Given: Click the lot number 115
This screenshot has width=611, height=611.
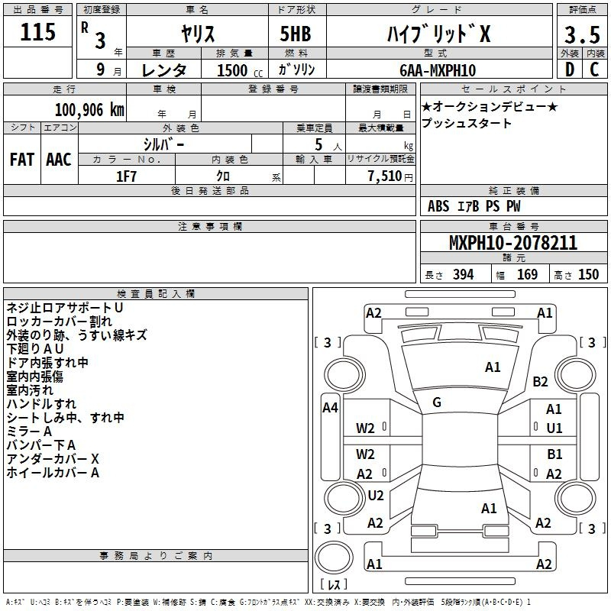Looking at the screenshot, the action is pyautogui.click(x=37, y=32).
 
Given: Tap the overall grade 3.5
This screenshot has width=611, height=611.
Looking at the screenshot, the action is pyautogui.click(x=582, y=35).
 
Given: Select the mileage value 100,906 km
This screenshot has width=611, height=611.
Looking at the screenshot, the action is pyautogui.click(x=89, y=110).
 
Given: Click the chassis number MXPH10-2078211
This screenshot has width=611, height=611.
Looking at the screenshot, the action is pyautogui.click(x=513, y=243).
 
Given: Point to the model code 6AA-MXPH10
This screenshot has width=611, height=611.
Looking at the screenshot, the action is pyautogui.click(x=438, y=70).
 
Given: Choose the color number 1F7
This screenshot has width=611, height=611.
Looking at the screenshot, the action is pyautogui.click(x=126, y=176).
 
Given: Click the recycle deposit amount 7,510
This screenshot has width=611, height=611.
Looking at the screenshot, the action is pyautogui.click(x=385, y=176).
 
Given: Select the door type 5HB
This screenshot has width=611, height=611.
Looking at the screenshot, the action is pyautogui.click(x=296, y=34).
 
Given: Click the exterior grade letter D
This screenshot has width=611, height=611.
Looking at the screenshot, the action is pyautogui.click(x=570, y=70).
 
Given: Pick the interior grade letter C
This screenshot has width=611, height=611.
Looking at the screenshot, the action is pyautogui.click(x=594, y=70).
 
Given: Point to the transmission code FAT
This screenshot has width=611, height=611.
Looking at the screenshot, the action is pyautogui.click(x=22, y=160).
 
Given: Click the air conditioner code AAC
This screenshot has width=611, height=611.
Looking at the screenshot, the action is pyautogui.click(x=59, y=160).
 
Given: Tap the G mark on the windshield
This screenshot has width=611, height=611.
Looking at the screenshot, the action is pyautogui.click(x=437, y=402).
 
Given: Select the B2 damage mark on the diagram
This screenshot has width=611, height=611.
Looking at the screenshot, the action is pyautogui.click(x=540, y=381).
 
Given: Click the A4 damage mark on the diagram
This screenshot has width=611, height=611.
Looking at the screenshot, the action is pyautogui.click(x=330, y=408).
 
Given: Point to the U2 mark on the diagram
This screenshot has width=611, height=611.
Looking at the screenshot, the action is pyautogui.click(x=376, y=495).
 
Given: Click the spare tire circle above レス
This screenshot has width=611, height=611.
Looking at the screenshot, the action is pyautogui.click(x=334, y=558).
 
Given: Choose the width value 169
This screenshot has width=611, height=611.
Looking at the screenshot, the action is pyautogui.click(x=527, y=274).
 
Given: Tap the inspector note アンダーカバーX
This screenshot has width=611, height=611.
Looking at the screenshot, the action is pyautogui.click(x=53, y=459).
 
